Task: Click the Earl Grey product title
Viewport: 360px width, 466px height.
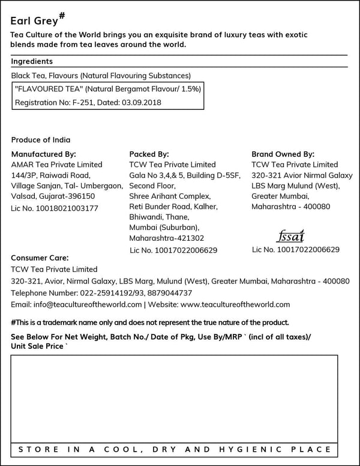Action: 34,20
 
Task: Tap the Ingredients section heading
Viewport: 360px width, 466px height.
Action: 32,61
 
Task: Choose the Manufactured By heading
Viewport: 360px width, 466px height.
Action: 44,154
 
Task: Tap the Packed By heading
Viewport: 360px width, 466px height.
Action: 149,154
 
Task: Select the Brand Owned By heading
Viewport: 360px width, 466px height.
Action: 283,154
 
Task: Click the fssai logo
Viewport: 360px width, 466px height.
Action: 292,235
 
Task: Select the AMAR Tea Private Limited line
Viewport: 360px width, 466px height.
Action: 57,165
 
